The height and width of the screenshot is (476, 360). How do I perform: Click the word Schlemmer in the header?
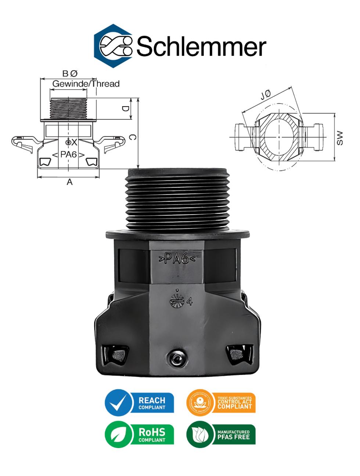click(x=201, y=47)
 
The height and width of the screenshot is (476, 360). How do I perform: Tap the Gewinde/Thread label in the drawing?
click(x=86, y=84)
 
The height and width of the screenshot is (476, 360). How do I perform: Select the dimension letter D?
click(x=125, y=109)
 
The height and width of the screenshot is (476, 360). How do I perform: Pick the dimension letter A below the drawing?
click(x=69, y=182)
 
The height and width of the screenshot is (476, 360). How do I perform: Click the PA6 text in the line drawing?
click(x=68, y=154)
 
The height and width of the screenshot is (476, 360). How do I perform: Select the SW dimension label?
click(x=340, y=138)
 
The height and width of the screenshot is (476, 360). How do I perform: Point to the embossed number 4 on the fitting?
click(x=190, y=302)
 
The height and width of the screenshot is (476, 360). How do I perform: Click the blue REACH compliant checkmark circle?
click(x=118, y=403)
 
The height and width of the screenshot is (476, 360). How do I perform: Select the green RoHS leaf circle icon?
click(x=118, y=435)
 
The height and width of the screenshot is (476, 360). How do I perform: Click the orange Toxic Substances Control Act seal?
click(x=200, y=403)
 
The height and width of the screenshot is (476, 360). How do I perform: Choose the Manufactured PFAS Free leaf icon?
click(x=200, y=435)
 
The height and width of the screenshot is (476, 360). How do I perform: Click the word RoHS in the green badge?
click(x=152, y=432)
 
